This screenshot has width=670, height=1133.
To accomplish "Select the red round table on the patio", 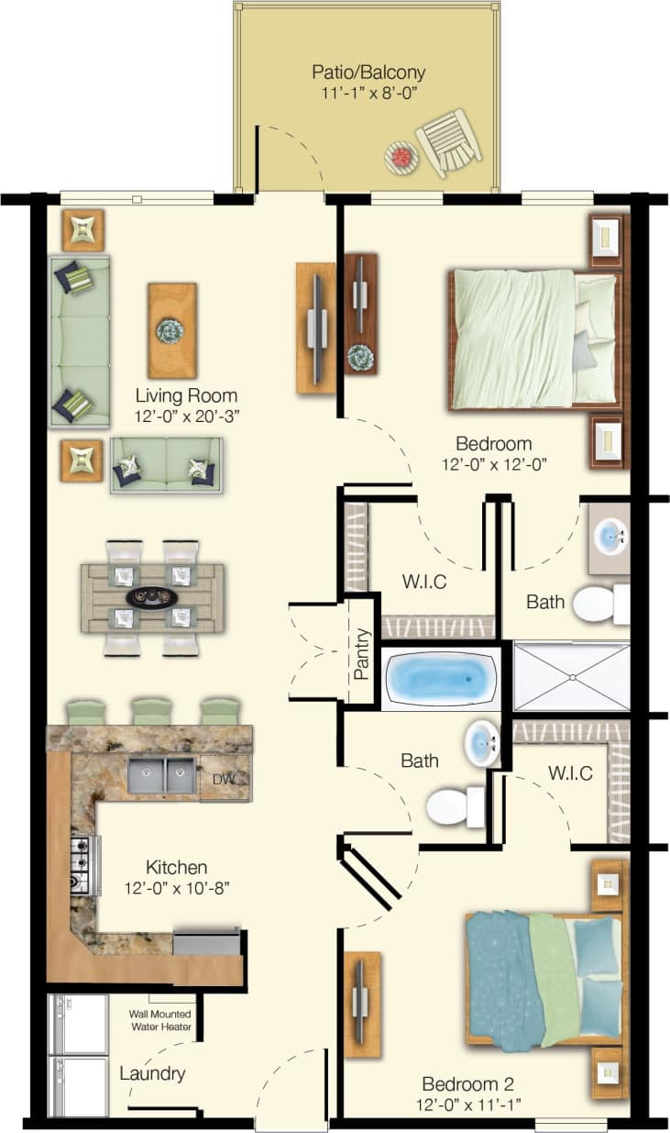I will coord(401,157).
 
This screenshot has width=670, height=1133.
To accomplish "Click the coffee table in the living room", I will coord(171,330).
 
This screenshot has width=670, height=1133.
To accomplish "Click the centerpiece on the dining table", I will coord(152,597).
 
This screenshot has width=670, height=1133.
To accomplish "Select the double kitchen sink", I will coord(160,775).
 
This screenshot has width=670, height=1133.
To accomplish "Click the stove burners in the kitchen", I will coord(81,865).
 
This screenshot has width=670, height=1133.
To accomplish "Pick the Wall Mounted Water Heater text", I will coord(160,1020).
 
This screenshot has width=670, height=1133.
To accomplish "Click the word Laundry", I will coord(152,1073).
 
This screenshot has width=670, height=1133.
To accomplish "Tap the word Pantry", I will coord(361,653).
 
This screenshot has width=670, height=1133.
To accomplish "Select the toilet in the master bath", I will coord(599,604).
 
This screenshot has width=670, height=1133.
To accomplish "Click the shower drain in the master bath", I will coord(572,678).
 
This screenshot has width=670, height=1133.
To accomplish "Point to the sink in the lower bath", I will coord(480,741).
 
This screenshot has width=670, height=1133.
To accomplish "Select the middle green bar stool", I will coord(152,711).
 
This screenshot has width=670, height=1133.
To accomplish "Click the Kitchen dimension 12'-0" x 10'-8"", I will coord(176,888).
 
